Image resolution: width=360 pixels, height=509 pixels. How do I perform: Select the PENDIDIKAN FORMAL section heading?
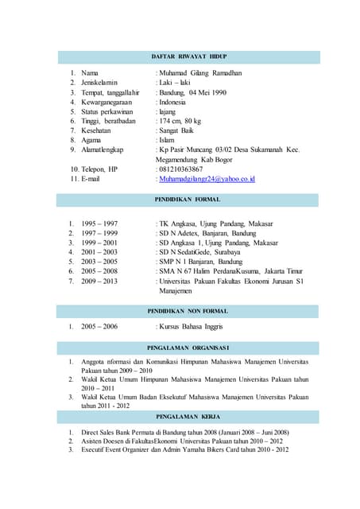pyautogui.click(x=188, y=199)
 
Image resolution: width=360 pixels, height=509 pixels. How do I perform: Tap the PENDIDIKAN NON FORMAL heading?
pyautogui.click(x=188, y=310)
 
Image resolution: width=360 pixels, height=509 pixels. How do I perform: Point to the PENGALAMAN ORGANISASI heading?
pyautogui.click(x=188, y=348)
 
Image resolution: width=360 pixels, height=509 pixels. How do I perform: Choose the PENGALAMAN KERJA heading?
pyautogui.click(x=188, y=416)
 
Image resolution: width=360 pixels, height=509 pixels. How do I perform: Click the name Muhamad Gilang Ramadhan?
pyautogui.click(x=200, y=73)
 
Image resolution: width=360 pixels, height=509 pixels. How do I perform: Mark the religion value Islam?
pyautogui.click(x=167, y=140)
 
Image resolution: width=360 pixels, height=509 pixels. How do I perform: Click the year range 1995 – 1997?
pyautogui.click(x=99, y=223)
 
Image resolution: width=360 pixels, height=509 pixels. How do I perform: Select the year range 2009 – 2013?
pyautogui.click(x=99, y=281)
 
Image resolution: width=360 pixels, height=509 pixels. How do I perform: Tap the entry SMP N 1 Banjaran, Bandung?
pyautogui.click(x=200, y=262)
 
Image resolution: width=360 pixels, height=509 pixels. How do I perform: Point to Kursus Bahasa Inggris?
pyautogui.click(x=191, y=326)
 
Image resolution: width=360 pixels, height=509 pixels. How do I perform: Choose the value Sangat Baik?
pyautogui.click(x=176, y=130)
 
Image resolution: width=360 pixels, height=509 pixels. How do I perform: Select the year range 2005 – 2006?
pyautogui.click(x=99, y=326)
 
